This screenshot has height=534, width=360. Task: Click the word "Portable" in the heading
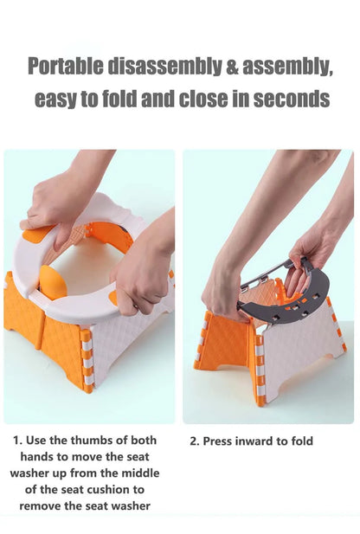click(65, 66)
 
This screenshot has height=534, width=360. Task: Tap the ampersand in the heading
click(232, 66)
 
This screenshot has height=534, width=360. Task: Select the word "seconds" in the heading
click(292, 99)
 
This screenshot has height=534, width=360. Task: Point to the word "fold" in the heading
click(120, 99)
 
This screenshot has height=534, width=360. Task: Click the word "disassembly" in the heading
click(164, 67)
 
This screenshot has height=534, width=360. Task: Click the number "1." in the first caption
click(17, 441)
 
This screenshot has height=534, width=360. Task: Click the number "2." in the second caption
click(195, 441)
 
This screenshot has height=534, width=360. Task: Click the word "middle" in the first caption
click(141, 473)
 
